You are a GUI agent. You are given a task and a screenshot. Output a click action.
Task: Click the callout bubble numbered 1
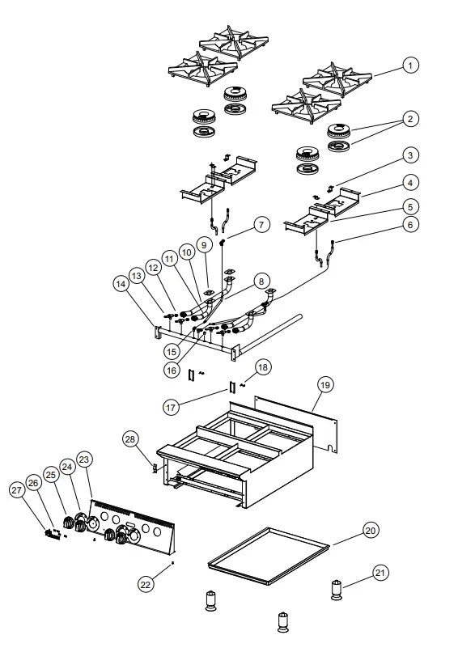[x=411, y=65]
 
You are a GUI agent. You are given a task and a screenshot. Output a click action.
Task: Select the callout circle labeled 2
[x=411, y=119]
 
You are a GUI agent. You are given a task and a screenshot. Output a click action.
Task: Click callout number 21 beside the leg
[x=380, y=572]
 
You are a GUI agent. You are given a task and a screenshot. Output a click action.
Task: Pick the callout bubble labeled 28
[x=129, y=438]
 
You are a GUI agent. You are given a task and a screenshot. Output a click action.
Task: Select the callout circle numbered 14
[x=121, y=285]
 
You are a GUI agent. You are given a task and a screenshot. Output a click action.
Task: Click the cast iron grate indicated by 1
[x=338, y=80]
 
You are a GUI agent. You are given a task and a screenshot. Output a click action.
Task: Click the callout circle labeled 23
[x=84, y=458]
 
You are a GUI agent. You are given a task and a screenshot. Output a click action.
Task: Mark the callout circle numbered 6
[x=411, y=224]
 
